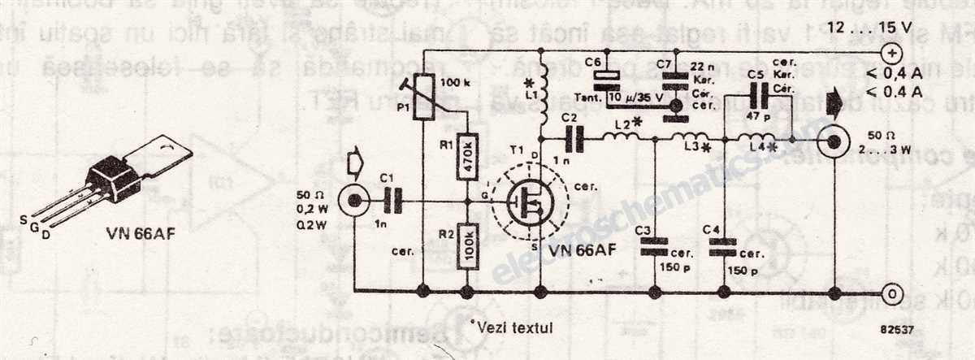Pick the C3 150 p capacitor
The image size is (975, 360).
[654, 250]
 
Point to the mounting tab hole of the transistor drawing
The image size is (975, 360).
[171, 148]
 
